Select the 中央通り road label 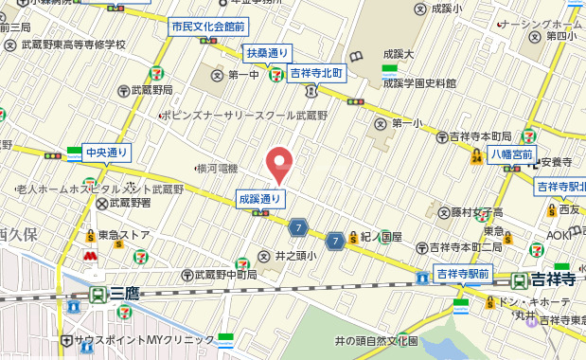pos(106,152)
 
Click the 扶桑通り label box pos(268,52)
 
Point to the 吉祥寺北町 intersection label pos(315,73)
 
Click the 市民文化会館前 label pos(208,27)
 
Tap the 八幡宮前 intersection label pos(512,155)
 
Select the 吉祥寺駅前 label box pos(463,274)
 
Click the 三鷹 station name pos(124,294)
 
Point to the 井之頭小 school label pos(293,255)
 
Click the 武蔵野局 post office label pos(150,90)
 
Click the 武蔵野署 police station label pos(132,202)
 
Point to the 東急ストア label pos(127,235)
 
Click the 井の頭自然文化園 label pos(376,340)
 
